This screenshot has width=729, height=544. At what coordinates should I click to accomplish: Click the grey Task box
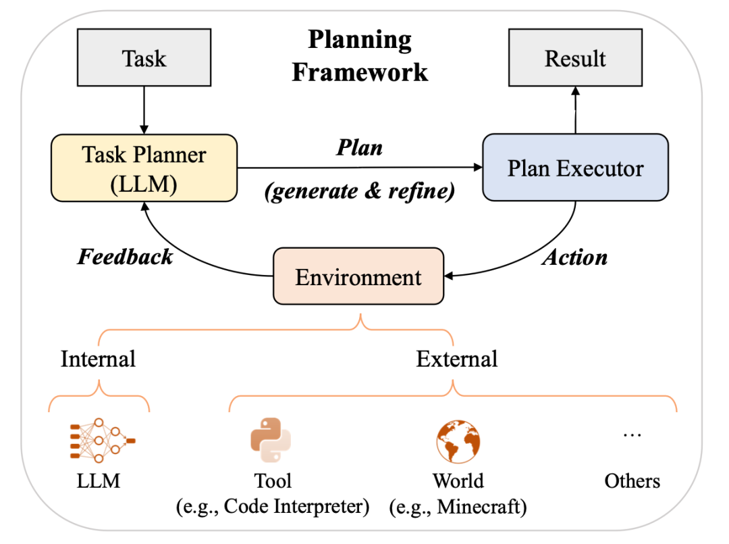pyautogui.click(x=144, y=58)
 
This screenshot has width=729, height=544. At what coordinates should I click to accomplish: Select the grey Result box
pyautogui.click(x=575, y=58)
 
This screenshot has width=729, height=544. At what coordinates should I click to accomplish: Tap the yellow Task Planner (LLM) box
pyautogui.click(x=144, y=168)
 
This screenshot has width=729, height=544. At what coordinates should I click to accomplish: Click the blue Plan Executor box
pyautogui.click(x=575, y=168)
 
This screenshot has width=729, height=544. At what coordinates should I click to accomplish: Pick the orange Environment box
pyautogui.click(x=358, y=276)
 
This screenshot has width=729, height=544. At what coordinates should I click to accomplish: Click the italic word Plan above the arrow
pyautogui.click(x=359, y=148)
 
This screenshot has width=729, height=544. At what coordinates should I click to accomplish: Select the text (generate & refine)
pyautogui.click(x=359, y=191)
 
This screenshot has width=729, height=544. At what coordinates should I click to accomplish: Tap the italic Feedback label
pyautogui.click(x=125, y=257)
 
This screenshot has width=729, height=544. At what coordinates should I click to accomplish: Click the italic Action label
pyautogui.click(x=575, y=257)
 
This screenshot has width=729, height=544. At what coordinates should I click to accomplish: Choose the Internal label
pyautogui.click(x=99, y=358)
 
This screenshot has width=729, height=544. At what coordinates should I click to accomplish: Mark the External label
pyautogui.click(x=457, y=358)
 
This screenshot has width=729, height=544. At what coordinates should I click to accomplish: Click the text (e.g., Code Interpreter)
pyautogui.click(x=273, y=506)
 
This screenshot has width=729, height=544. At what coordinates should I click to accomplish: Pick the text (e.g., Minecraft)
pyautogui.click(x=458, y=506)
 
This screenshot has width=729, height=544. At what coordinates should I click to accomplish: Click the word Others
pyautogui.click(x=632, y=481)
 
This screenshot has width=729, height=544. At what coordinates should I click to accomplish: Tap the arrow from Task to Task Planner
pyautogui.click(x=144, y=109)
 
